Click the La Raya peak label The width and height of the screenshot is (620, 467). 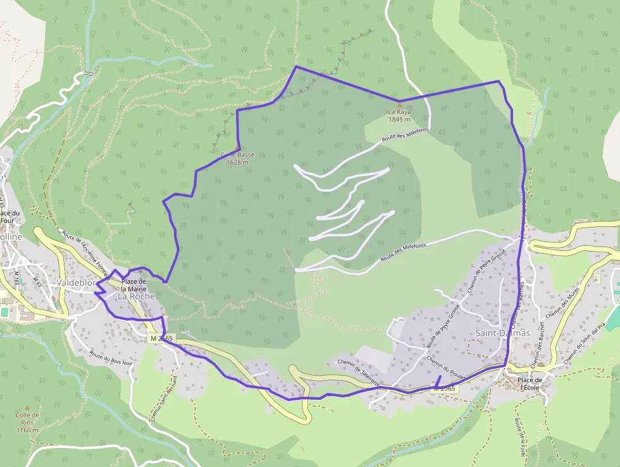[x=400, y=112]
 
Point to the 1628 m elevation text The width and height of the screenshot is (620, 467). [x=237, y=162]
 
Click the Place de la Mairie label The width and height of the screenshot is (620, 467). [x=133, y=285]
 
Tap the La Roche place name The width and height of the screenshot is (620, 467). [x=136, y=296]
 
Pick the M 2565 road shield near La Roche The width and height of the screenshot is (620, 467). [x=162, y=339]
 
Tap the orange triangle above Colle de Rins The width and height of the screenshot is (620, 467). [x=27, y=408]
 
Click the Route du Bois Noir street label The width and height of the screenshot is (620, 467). [x=111, y=358]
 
